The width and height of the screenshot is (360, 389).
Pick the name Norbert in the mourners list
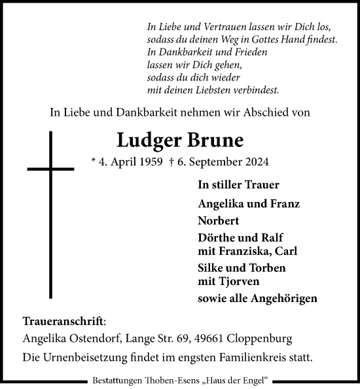coord(219,220)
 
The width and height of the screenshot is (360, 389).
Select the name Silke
coord(211,268)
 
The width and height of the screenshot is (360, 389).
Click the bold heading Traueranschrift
coord(62,322)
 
